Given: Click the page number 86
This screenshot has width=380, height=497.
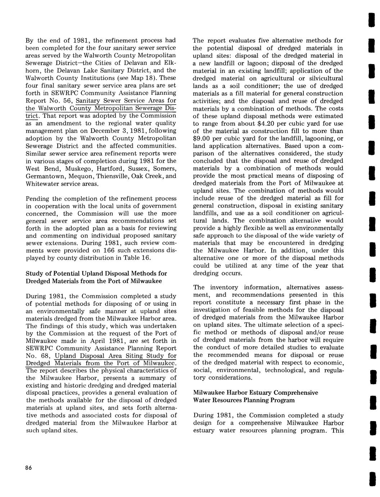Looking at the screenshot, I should click(29, 467).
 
